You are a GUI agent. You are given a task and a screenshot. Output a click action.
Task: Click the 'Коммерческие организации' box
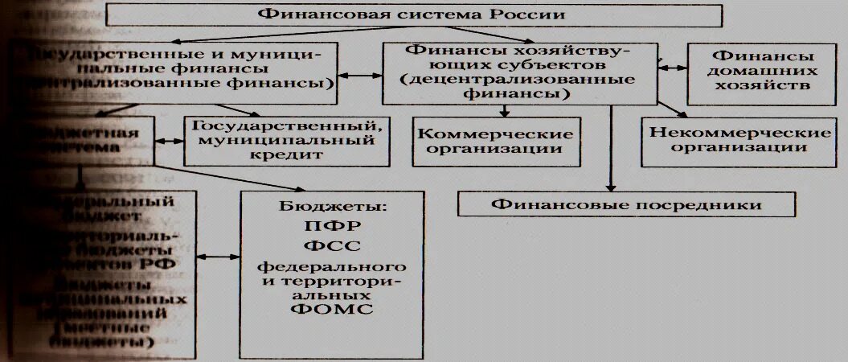point(498,140)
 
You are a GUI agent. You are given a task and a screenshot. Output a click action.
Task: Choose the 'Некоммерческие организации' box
point(739,138)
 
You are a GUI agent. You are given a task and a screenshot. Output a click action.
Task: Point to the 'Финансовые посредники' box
point(626,204)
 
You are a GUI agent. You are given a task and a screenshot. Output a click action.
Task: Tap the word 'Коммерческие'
point(498,133)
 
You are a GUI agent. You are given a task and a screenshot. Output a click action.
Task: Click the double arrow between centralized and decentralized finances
point(360,77)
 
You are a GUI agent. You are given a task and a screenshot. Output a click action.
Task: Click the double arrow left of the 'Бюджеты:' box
point(218,257)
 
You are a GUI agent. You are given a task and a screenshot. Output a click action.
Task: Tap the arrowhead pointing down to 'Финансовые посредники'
point(611,186)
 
